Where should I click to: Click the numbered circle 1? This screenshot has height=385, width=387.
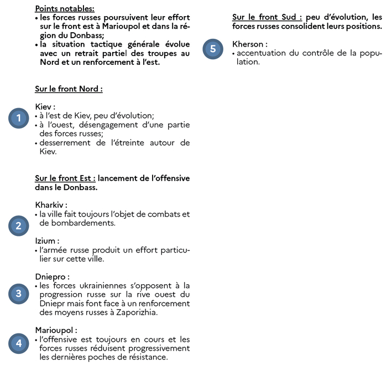18,118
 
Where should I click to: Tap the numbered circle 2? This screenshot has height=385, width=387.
18,225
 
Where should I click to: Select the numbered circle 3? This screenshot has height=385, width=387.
18,294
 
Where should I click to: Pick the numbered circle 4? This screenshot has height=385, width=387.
18,343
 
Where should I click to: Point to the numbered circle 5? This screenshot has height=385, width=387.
213,49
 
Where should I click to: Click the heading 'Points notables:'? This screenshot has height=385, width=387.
65,8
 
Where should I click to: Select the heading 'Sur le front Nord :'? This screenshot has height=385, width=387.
69,89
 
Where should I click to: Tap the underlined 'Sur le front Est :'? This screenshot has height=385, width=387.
65,178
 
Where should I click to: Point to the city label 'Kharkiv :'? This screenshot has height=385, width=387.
51,205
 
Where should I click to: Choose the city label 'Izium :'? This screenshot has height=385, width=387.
47,241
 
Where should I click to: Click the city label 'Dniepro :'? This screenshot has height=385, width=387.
52,276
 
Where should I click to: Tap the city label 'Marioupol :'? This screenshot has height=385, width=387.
56,330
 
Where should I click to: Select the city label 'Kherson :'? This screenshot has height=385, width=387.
250,44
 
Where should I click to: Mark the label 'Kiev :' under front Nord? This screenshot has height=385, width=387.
45,106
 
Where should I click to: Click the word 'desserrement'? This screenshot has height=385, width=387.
67,142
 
